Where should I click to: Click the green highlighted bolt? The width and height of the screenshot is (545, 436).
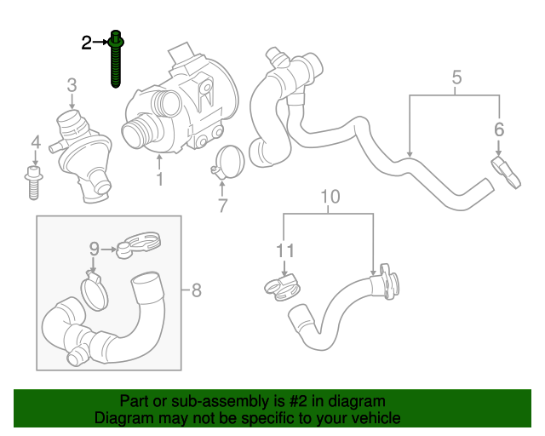pyautogui.click(x=116, y=60)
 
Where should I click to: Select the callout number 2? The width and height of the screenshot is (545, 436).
pyautogui.click(x=87, y=43)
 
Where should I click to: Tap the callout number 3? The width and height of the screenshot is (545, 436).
pyautogui.click(x=72, y=85)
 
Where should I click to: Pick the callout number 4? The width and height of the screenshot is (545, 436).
pyautogui.click(x=35, y=141)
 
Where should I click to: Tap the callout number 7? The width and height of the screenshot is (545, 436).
pyautogui.click(x=222, y=204)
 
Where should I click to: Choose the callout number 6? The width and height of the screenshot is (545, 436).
pyautogui.click(x=499, y=129)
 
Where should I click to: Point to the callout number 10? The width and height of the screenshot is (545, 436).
pyautogui.click(x=330, y=197)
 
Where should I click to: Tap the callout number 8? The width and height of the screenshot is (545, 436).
pyautogui.click(x=196, y=291)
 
